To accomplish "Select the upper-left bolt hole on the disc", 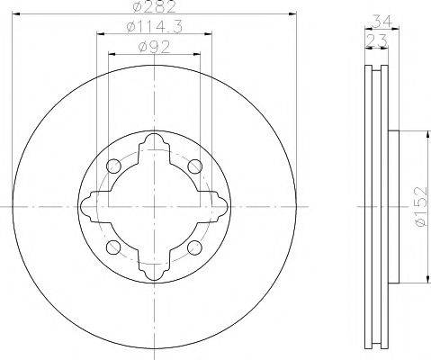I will point(112,166).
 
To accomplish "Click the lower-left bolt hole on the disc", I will point(112,247).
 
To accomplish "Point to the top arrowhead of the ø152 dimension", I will point(421,134).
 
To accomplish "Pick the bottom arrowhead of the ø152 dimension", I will point(421,279).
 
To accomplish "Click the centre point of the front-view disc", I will point(154,207).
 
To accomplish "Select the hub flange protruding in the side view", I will point(393,207).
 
